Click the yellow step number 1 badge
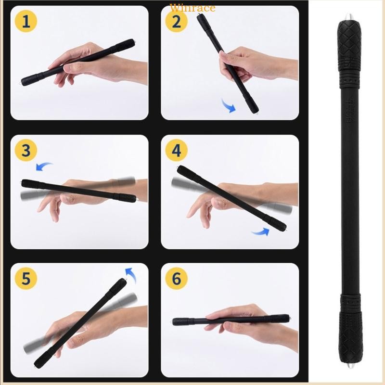[x=26, y=22]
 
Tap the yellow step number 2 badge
[x=177, y=22]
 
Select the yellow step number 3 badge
[x=26, y=150]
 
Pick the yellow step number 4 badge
[x=177, y=150]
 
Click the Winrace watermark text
[x=192, y=8]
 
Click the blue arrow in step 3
[x=44, y=167]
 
